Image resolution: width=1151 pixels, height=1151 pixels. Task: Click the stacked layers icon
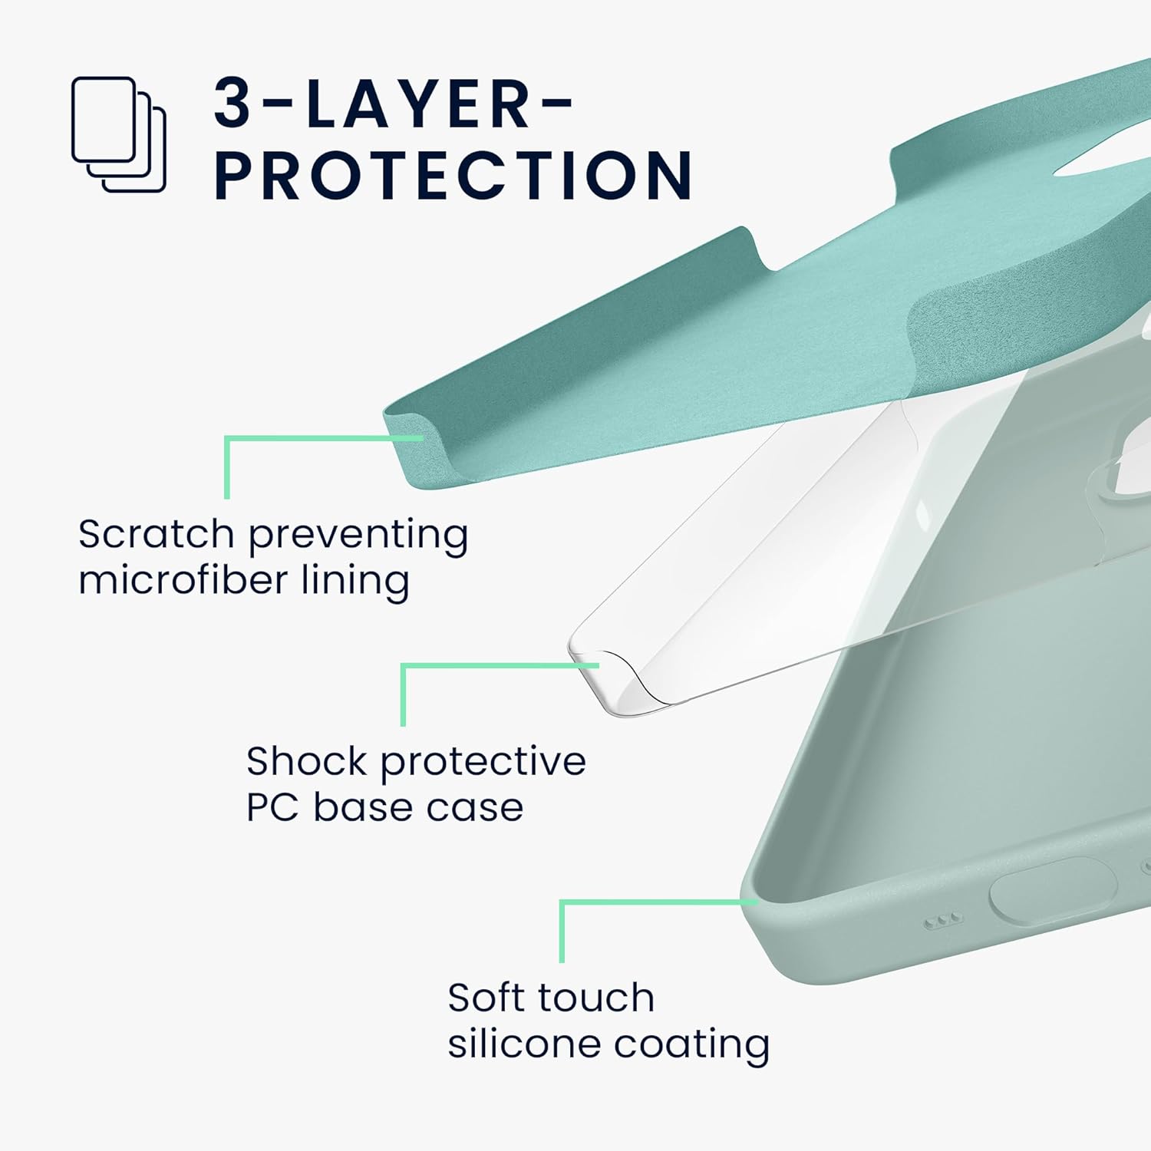coord(119,134)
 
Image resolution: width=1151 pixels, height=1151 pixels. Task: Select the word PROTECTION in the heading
coord(453,175)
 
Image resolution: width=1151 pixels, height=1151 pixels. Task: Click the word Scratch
coord(156,534)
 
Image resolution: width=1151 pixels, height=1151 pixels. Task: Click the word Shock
coord(306,761)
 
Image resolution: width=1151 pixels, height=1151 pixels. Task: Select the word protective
coord(483,763)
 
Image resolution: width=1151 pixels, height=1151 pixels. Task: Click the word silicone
coord(513,1044)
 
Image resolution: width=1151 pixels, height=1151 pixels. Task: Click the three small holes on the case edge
coord(942,919)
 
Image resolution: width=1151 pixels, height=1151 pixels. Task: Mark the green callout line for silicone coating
coord(562,929)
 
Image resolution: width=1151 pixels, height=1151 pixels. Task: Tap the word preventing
coord(358,536)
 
